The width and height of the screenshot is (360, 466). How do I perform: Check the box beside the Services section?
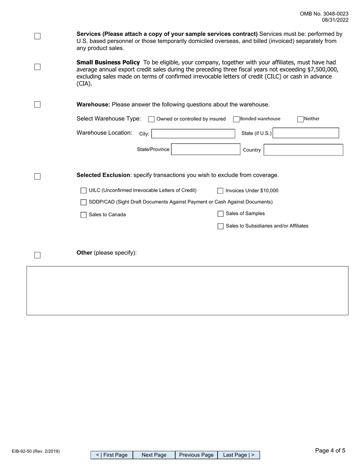(38, 36)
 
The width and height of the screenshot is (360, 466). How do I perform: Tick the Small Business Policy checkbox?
(38, 67)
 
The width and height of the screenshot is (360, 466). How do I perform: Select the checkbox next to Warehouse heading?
(38, 105)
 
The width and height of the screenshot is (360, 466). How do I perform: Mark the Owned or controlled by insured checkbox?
(151, 119)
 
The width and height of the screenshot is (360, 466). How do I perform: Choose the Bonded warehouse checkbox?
(236, 119)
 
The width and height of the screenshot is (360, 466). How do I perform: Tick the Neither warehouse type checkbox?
(301, 119)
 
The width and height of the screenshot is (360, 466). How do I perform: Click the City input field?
(193, 134)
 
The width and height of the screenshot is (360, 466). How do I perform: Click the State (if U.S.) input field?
(305, 133)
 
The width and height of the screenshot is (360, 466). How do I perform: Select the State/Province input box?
(205, 150)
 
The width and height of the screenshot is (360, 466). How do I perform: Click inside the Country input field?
(303, 150)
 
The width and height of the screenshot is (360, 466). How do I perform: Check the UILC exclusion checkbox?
(83, 191)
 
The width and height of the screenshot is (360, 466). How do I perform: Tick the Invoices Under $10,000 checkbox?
(220, 191)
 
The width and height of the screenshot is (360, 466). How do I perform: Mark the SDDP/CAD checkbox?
(83, 202)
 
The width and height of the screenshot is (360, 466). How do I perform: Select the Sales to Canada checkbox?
(83, 215)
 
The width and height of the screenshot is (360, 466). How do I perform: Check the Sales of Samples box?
(221, 214)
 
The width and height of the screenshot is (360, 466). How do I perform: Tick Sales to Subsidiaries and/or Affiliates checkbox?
(221, 226)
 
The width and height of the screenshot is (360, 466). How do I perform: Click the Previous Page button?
(196, 455)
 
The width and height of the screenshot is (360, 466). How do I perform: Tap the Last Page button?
(239, 455)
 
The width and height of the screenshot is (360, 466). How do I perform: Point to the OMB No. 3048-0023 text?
(324, 14)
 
